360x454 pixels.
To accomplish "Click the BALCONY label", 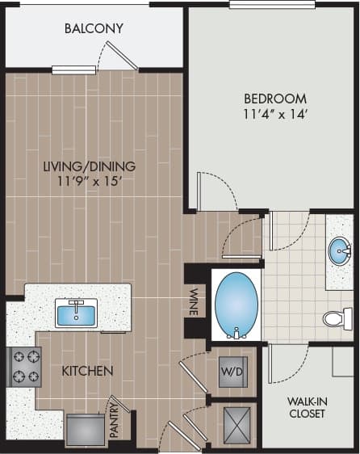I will [94, 29].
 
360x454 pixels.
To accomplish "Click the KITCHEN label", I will [87, 371].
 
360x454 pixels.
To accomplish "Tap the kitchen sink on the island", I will [76, 313].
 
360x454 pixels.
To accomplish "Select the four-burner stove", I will [24, 367].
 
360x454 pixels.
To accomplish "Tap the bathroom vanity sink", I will [341, 250].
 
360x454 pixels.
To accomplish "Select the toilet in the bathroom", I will [337, 318].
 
